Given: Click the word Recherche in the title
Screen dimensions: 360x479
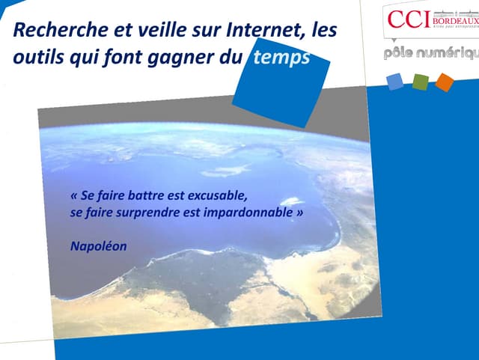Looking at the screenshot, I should click(x=52, y=31).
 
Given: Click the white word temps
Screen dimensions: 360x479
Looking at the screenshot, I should click(x=281, y=58).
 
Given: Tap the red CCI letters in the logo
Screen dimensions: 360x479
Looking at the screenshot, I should click(x=408, y=19).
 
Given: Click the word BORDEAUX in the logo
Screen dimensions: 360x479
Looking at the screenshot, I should click(x=454, y=20).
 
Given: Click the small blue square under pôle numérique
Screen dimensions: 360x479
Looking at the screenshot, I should click(x=395, y=82).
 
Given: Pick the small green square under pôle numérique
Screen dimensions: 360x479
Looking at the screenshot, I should click(x=420, y=82).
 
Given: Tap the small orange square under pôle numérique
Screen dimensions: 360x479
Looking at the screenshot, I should click(x=445, y=82).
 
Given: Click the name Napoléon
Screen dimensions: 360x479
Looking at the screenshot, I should click(x=98, y=245).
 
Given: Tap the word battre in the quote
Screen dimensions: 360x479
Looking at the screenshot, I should click(x=150, y=196).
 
